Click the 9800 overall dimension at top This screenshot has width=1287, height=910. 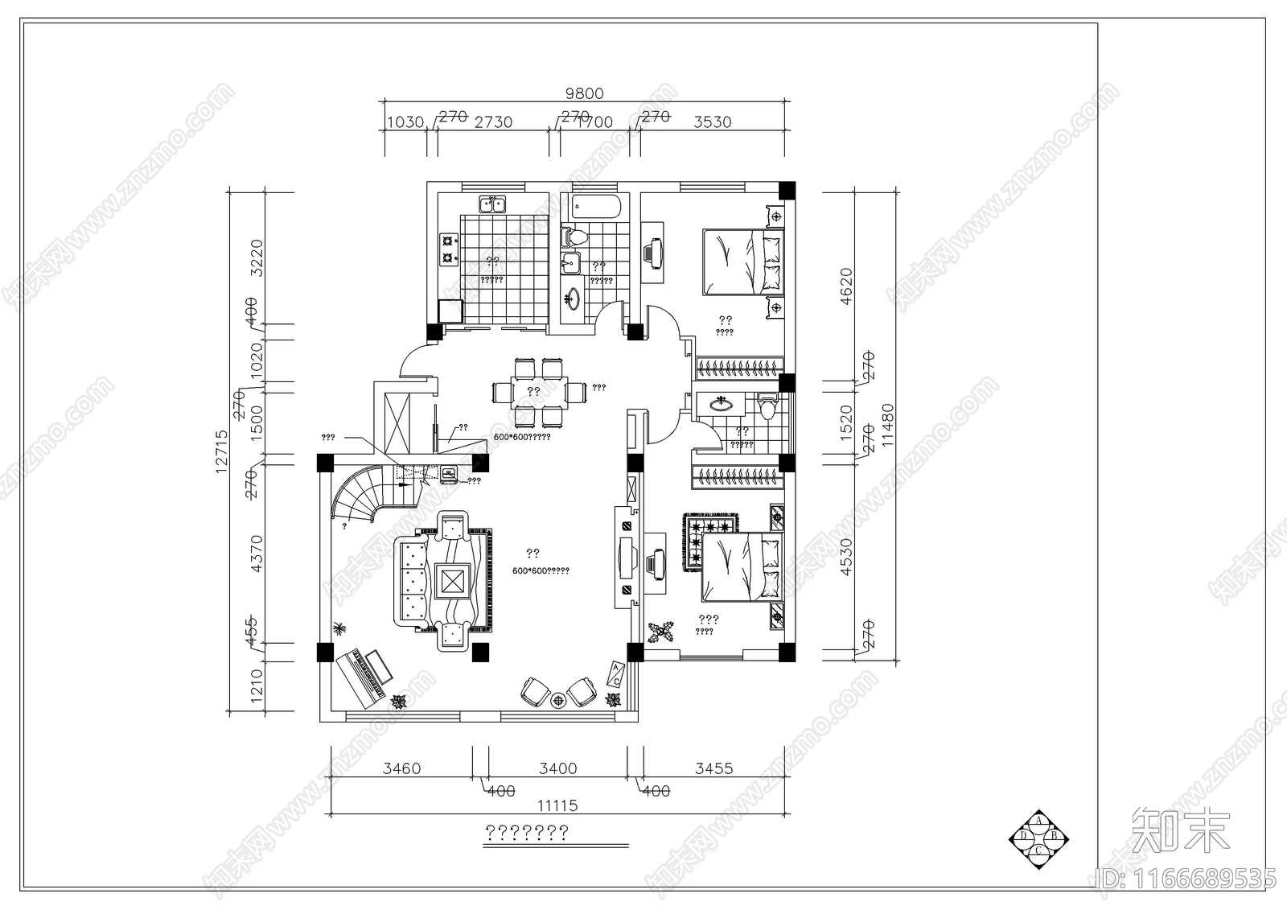(x=584, y=94)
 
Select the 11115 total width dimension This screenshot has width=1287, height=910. (x=557, y=805)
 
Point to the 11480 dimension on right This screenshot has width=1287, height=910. (x=887, y=425)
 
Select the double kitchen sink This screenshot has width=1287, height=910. (x=492, y=204)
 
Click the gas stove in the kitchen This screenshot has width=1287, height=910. (x=447, y=249)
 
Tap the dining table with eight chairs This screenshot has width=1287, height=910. (x=533, y=392)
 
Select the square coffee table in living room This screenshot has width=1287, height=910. (x=452, y=580)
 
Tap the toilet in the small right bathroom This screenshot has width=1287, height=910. (x=767, y=406)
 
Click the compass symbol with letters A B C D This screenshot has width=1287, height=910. (x=1038, y=837)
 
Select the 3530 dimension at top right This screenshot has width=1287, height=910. (x=713, y=122)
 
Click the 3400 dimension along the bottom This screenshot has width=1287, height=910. (x=557, y=768)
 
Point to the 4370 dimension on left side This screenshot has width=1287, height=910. (x=257, y=554)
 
